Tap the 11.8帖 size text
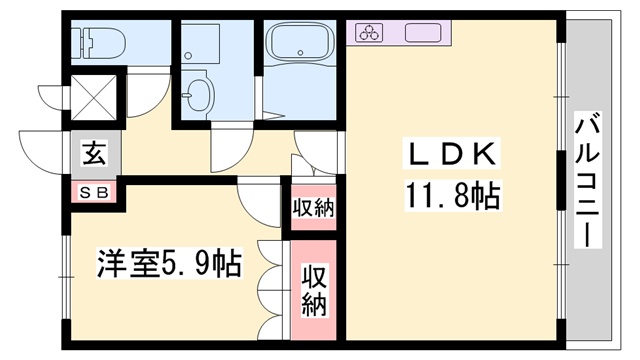click(452, 193)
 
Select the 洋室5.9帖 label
click(168, 265)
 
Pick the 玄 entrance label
click(94, 155)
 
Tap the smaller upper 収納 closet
click(313, 208)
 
